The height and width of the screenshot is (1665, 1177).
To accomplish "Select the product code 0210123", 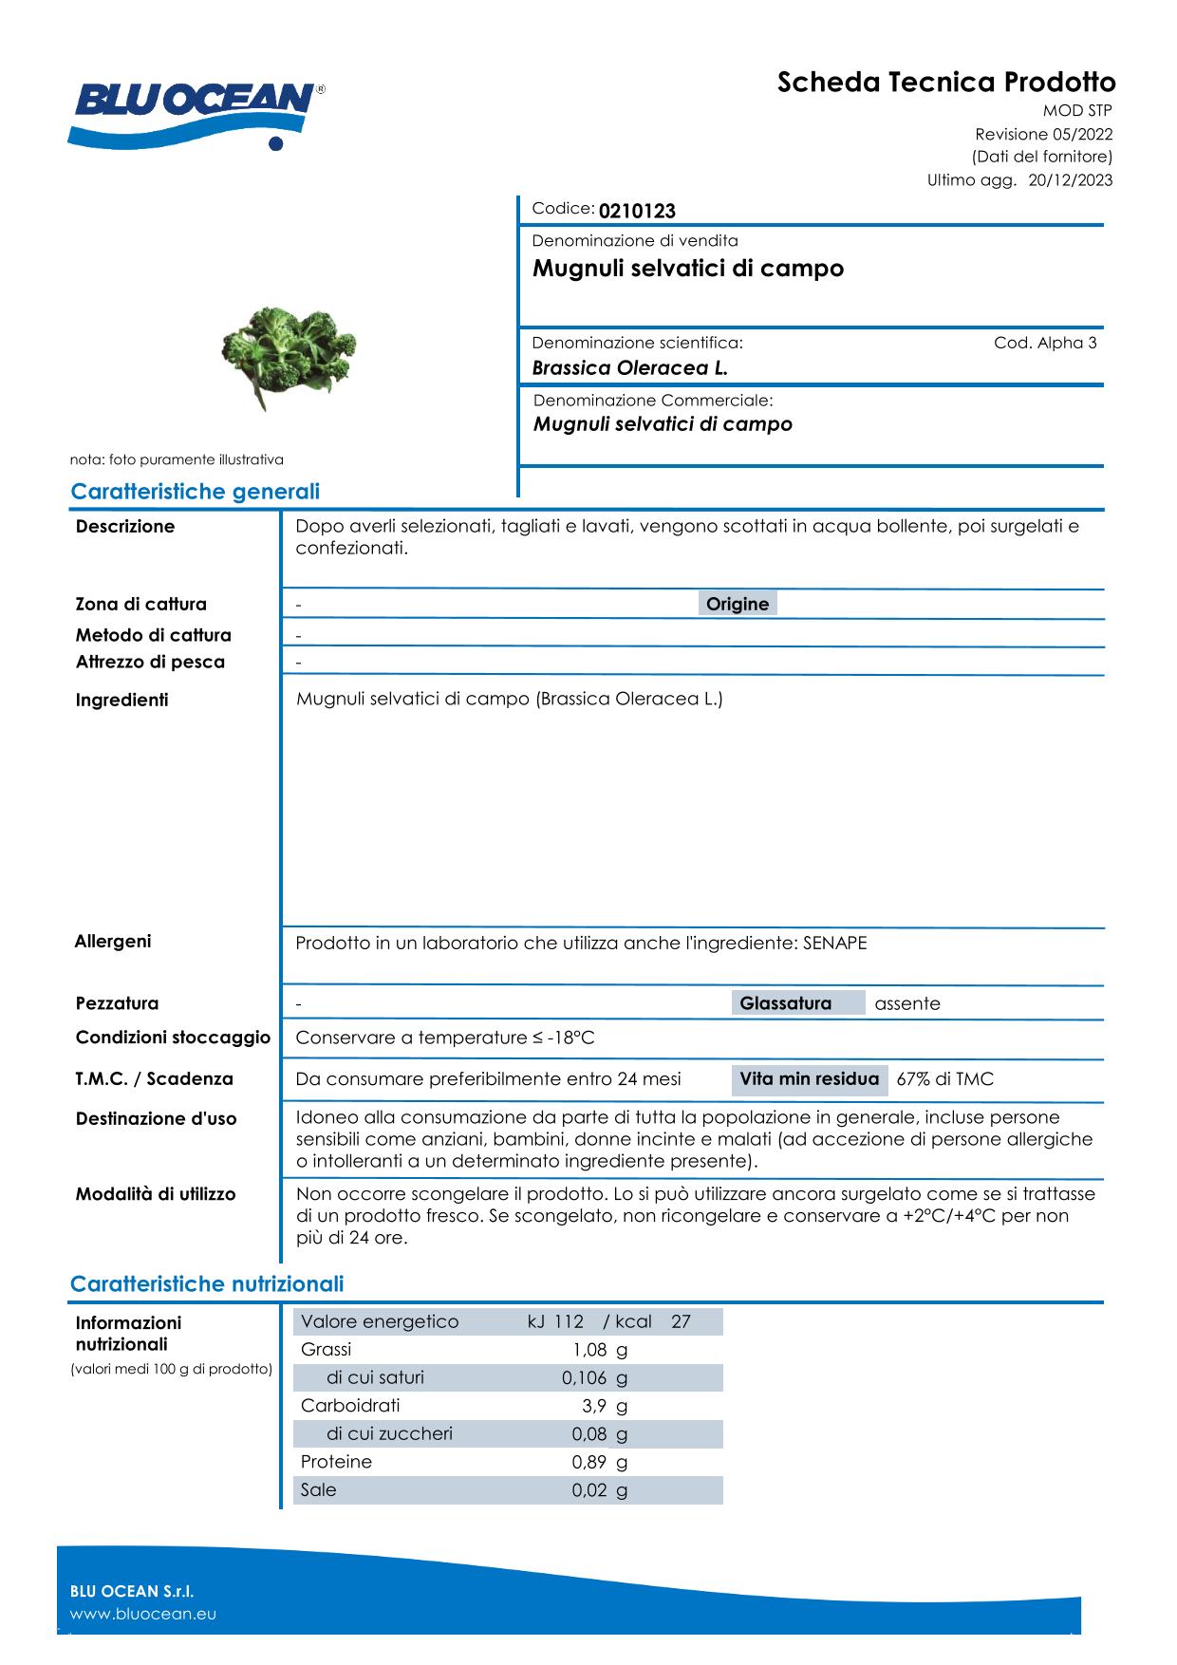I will click(637, 211).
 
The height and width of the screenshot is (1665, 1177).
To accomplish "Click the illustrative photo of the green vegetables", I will click(288, 355).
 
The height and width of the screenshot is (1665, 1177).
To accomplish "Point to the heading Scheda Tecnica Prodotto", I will click(946, 82).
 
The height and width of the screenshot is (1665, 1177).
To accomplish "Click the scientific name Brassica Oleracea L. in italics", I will click(629, 368).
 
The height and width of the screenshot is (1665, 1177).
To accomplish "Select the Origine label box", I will click(738, 604).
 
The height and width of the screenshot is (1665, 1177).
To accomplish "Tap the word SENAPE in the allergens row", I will click(834, 943).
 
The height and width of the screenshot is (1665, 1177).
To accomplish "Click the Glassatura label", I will click(785, 1003).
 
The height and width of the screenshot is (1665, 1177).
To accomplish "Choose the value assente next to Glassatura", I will click(907, 1003).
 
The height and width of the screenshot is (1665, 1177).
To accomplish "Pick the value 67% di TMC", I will click(944, 1078).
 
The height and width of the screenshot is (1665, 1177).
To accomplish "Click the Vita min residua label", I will click(809, 1078).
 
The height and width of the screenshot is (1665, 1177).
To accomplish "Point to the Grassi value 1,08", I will click(588, 1349).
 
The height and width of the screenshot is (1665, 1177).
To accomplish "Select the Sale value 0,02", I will click(588, 1489).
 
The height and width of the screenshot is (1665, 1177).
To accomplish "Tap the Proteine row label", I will click(336, 1462).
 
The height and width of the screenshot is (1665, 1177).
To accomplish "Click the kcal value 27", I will click(681, 1321).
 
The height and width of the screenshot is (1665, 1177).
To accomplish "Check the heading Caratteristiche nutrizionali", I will click(207, 1284).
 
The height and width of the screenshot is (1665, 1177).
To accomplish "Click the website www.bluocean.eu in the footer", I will click(143, 1614).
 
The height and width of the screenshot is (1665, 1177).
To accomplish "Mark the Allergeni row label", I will click(113, 942).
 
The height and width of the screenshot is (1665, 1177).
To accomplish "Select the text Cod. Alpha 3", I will click(1045, 343).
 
